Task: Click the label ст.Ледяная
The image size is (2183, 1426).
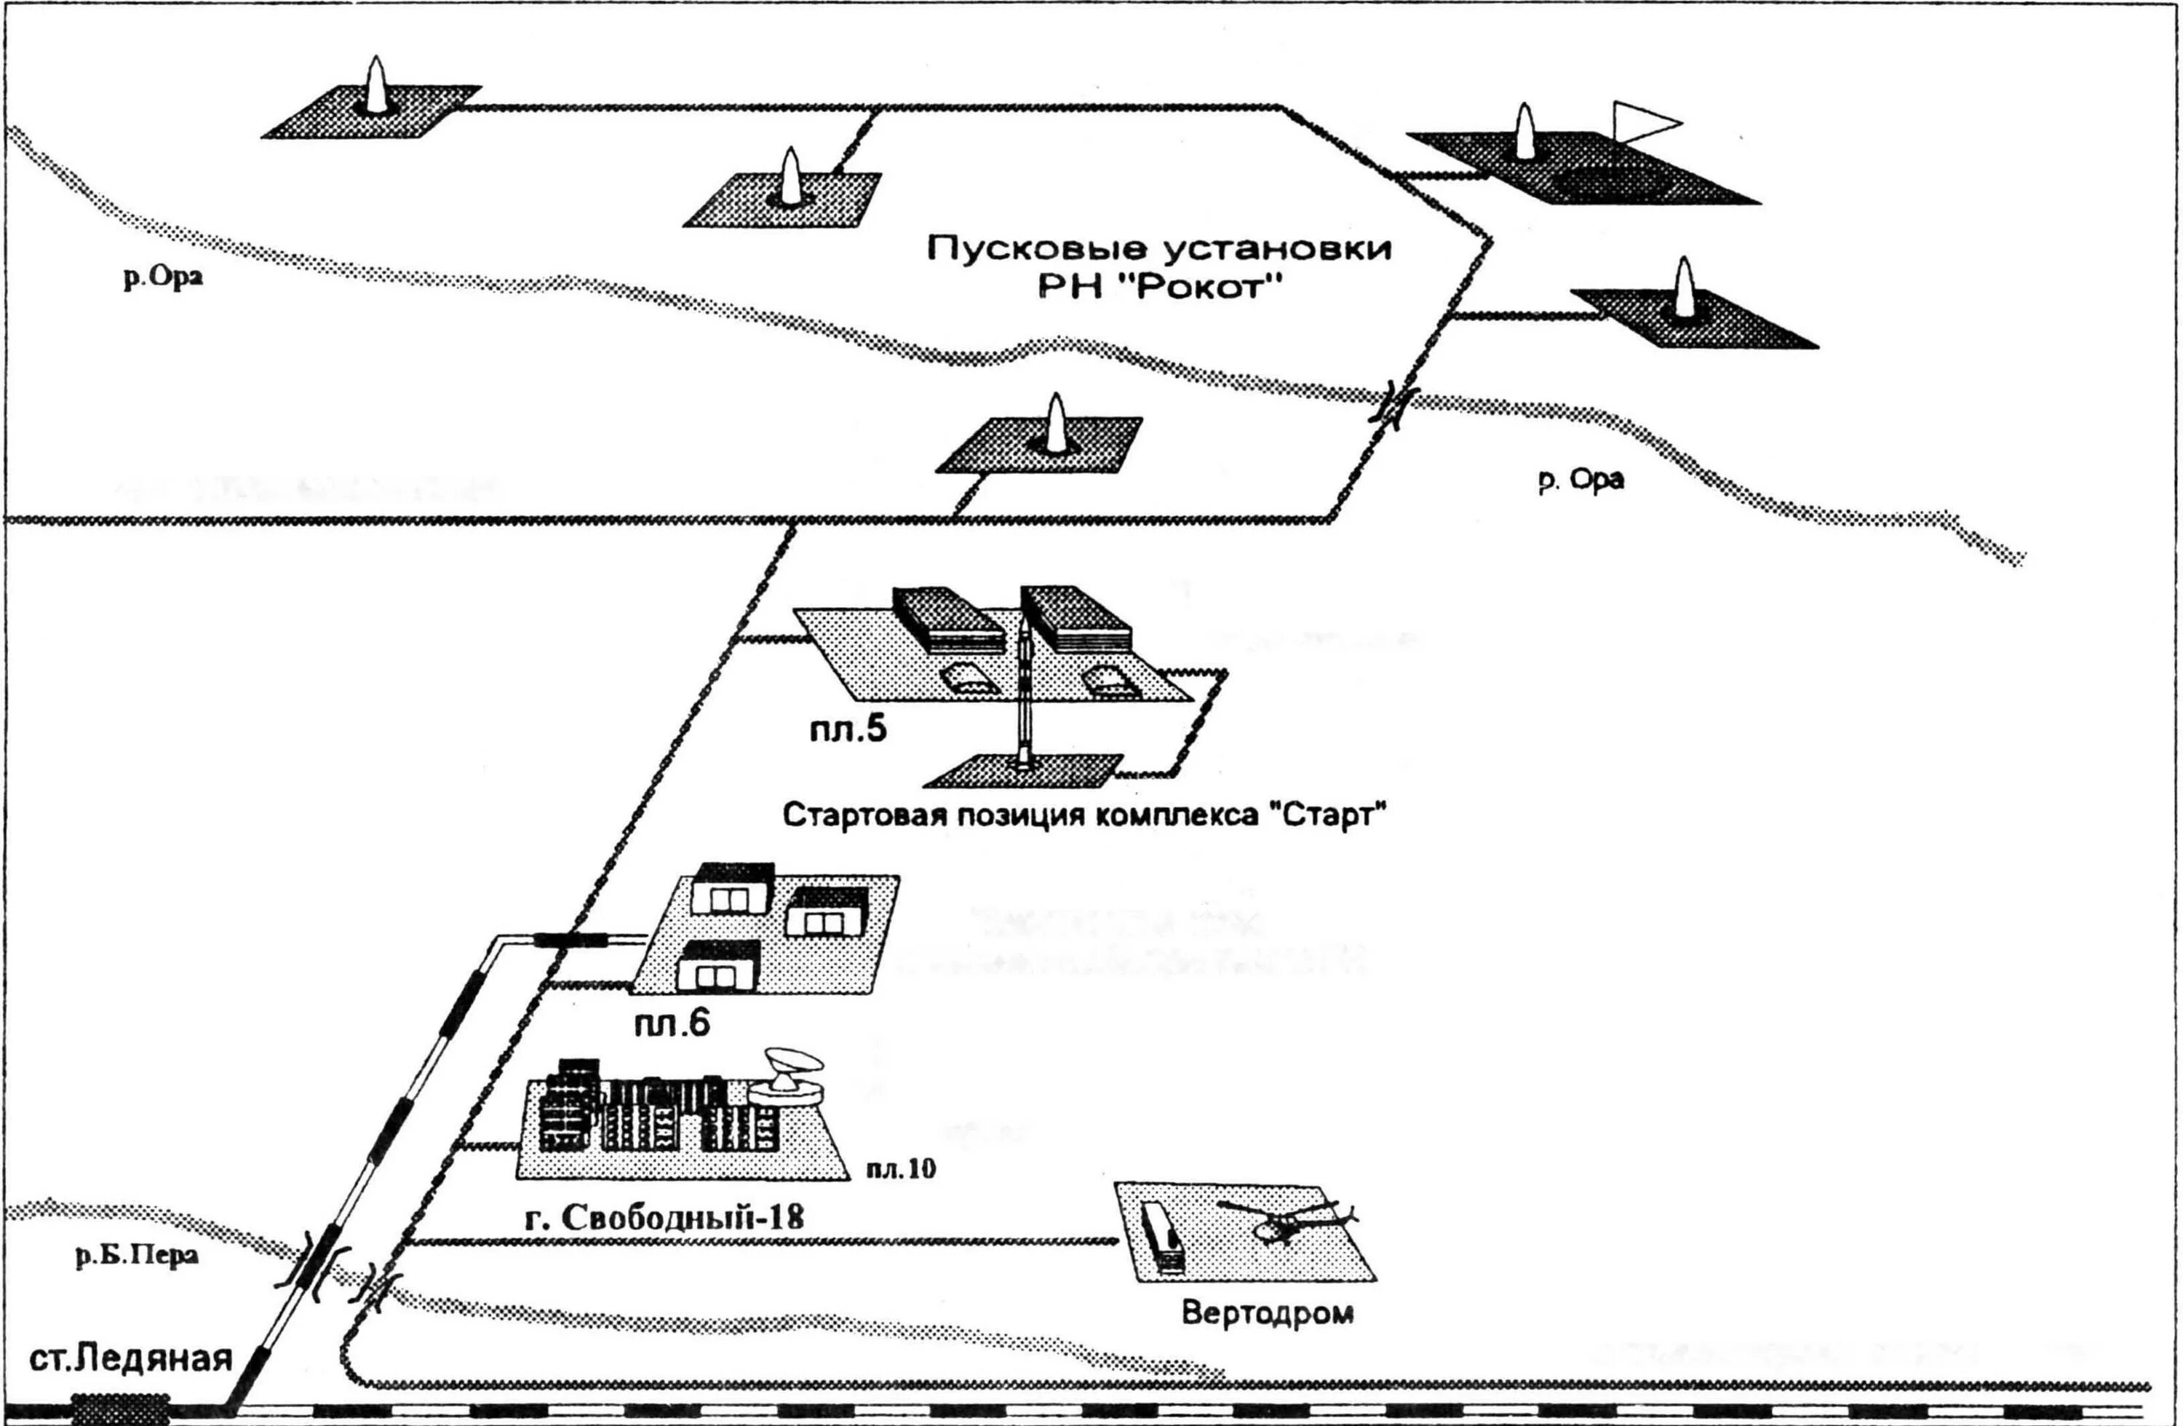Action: tap(130, 1358)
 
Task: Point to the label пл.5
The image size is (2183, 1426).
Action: tap(848, 729)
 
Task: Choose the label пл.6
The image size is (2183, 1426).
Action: tap(672, 1023)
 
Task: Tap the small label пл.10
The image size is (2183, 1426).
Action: tap(901, 1168)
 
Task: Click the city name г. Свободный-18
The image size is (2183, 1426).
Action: tap(664, 1218)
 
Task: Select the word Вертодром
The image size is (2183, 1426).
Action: tap(1267, 1312)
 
